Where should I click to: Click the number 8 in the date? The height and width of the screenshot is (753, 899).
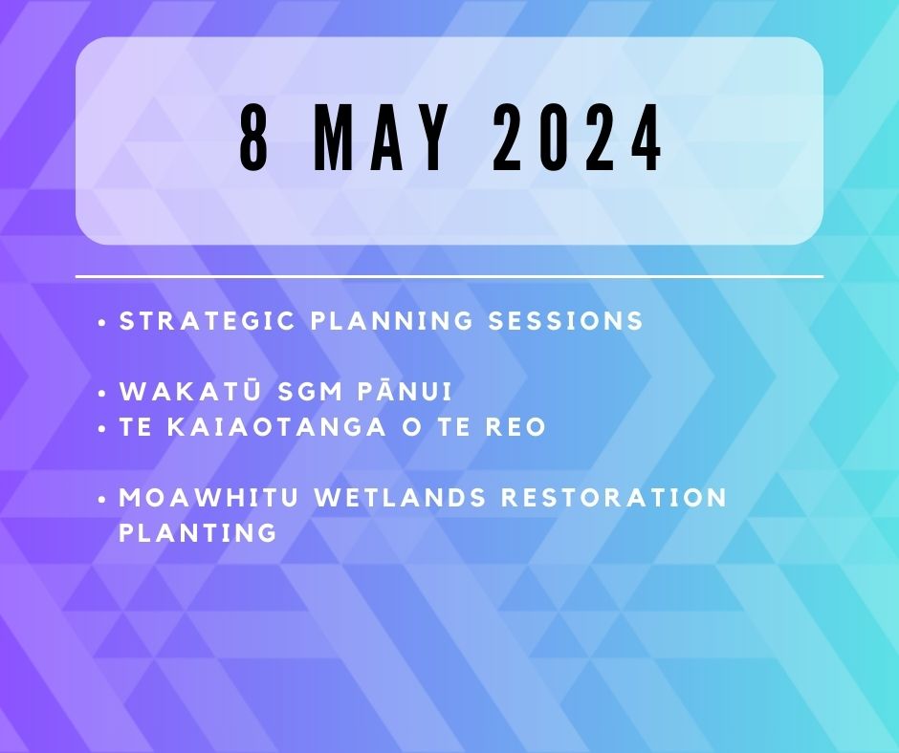point(254,139)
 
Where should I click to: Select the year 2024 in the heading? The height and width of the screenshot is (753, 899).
point(578,139)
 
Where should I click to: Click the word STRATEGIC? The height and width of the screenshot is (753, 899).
point(207,320)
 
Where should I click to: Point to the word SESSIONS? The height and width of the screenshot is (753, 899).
point(566,320)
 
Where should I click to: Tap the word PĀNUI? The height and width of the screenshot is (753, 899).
point(406,391)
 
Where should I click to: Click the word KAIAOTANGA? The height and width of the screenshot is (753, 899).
point(277,427)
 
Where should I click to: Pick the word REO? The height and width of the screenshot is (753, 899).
point(516,427)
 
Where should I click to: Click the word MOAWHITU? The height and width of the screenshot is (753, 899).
point(208,498)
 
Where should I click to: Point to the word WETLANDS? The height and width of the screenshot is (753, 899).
point(400,498)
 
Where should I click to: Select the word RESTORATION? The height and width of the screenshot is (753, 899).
point(614,498)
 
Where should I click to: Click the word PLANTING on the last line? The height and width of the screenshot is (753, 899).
point(198,533)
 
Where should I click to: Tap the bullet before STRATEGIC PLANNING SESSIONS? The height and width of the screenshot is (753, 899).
point(102,323)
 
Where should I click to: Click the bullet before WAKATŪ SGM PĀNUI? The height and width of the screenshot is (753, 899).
point(102,394)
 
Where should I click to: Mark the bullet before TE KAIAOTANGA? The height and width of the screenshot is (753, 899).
point(102,429)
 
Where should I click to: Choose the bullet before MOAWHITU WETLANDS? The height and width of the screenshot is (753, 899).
point(102,500)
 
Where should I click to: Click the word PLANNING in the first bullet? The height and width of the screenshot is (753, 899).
point(391,320)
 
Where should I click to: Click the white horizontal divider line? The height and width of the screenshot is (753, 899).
point(449,277)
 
